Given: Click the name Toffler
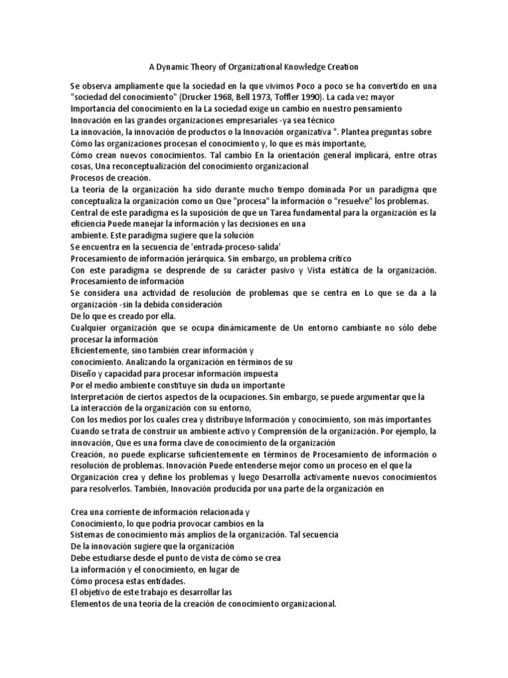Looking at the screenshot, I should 302,97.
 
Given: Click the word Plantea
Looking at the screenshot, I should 344,132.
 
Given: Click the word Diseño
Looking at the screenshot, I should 83,372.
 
